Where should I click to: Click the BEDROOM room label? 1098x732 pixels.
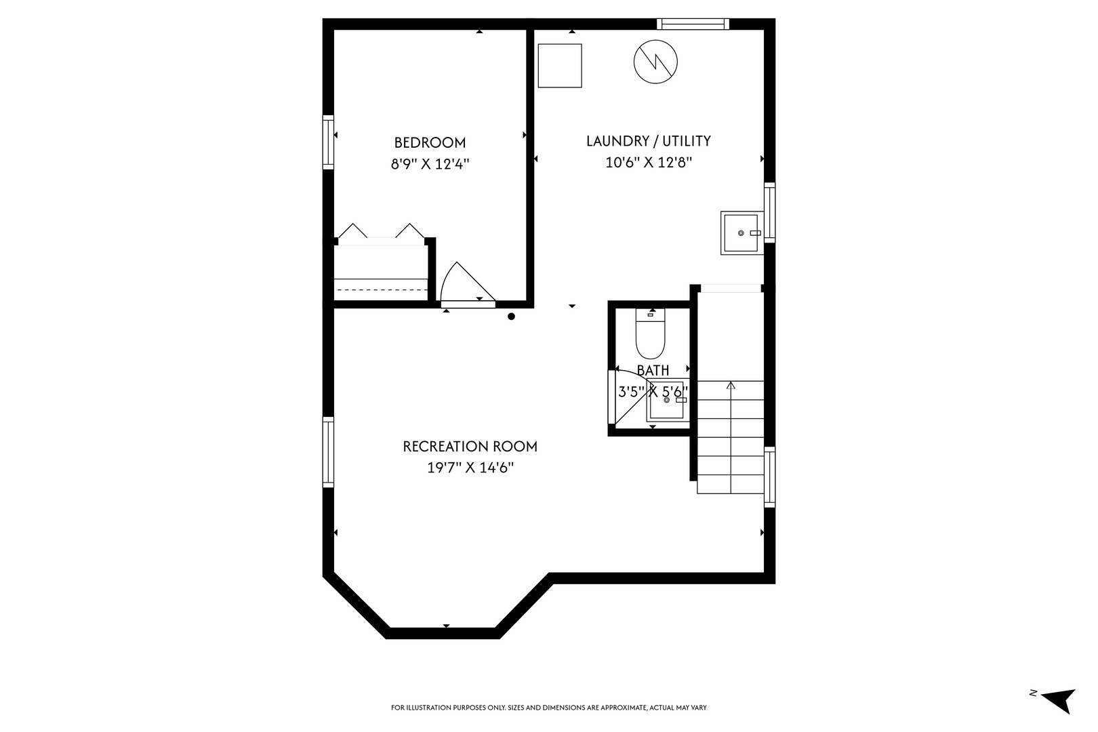430,143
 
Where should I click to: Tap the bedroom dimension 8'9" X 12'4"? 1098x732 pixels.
430,164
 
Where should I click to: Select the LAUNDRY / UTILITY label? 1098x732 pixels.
649,141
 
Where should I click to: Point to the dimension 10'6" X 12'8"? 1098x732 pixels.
649,162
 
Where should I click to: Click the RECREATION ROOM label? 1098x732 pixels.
470,447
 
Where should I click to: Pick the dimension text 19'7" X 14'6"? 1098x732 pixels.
470,468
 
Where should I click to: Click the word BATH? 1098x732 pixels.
653,371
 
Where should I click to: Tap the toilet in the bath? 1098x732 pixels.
651,333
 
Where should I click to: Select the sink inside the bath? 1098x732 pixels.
667,400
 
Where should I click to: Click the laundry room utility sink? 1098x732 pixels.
741,233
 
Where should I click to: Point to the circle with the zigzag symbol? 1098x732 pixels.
655,62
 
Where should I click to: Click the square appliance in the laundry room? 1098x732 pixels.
560,66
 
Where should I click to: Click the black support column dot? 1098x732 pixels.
511,317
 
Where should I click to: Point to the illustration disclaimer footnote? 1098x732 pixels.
548,708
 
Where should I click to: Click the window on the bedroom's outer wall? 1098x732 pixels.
328,142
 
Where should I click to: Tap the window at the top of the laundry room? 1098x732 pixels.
693,24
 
